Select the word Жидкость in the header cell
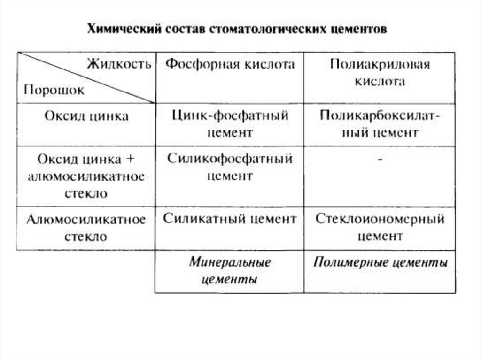coord(119,64)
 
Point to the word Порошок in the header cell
coord(54,90)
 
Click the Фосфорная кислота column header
coord(230,64)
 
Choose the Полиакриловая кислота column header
coord(380,73)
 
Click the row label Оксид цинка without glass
coord(86,116)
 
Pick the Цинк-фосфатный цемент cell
coord(230,124)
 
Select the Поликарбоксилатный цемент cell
coord(380,124)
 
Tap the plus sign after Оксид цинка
coord(130,159)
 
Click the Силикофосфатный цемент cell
coord(230,167)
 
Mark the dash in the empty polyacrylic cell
coord(380,160)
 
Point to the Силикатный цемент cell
coord(230,219)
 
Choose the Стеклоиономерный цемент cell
coord(380,227)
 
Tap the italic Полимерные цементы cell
coord(380,262)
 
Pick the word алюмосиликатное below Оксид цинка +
coord(86,176)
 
